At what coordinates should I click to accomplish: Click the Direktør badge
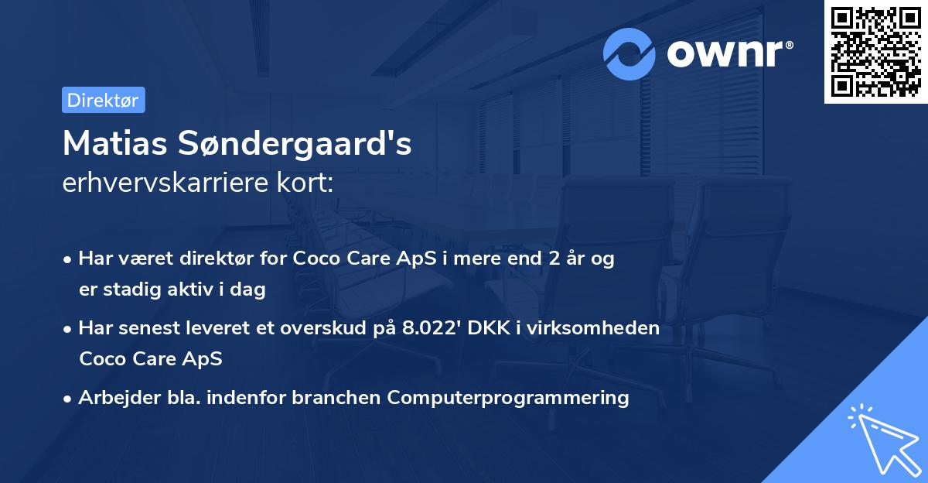103,100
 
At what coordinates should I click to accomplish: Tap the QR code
876,52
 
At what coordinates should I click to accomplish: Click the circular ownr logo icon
629,53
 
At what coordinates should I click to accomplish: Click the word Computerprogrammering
508,398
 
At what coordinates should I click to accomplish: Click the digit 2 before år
555,259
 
